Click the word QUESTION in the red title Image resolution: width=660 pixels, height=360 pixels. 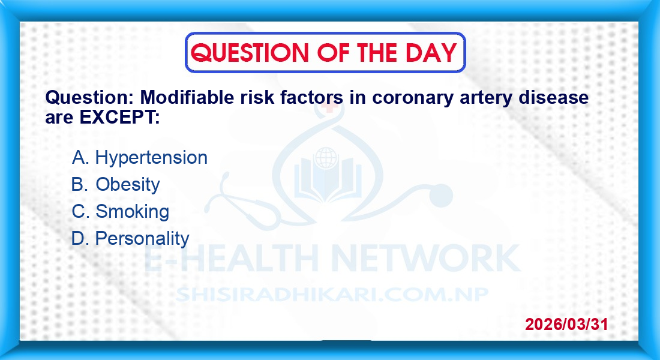(250, 53)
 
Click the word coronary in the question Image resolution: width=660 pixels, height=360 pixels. (413, 98)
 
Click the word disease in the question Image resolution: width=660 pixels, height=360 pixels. (554, 97)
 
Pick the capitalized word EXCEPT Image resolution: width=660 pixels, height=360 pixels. (119, 118)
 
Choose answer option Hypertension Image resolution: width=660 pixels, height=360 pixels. (151, 158)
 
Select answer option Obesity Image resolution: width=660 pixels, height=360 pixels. (128, 185)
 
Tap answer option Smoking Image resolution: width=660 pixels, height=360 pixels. (132, 211)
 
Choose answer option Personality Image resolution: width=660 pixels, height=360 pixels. (142, 239)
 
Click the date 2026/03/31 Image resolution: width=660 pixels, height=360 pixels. (566, 324)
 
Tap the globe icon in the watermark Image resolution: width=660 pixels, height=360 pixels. (326, 158)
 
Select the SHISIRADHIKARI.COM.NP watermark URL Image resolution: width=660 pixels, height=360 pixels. (332, 294)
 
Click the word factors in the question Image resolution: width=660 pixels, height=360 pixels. (311, 97)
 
